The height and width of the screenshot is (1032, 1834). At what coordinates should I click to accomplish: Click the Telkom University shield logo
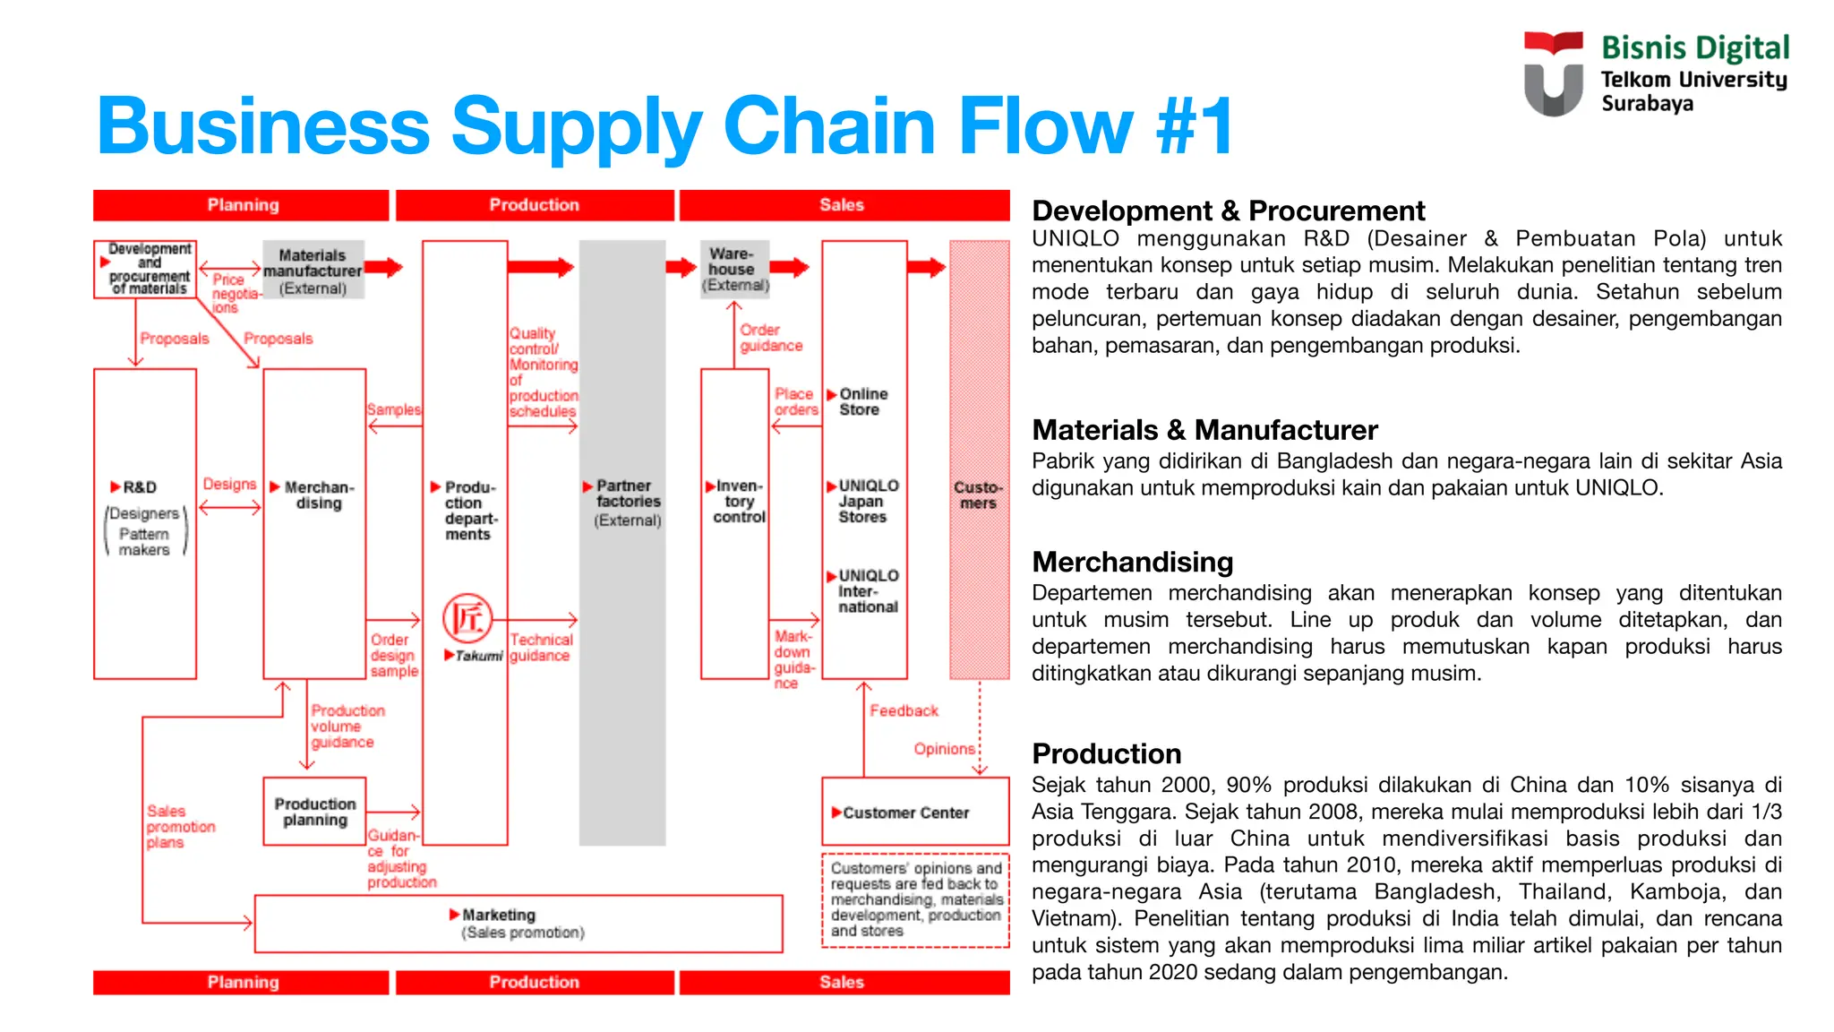tap(1553, 74)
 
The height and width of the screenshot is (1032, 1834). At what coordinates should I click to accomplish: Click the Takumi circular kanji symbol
tap(467, 617)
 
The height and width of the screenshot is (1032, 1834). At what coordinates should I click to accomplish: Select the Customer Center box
tap(914, 812)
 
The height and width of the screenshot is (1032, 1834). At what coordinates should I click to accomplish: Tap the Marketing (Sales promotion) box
tap(518, 923)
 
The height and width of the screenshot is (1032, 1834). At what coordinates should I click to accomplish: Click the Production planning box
tap(314, 812)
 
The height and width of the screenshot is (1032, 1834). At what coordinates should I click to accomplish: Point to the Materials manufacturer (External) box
tap(313, 271)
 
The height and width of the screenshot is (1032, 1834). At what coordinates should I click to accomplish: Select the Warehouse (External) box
tap(734, 269)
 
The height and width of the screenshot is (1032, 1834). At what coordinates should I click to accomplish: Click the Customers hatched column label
tap(978, 494)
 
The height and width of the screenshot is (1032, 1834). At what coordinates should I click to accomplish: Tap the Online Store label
tap(862, 401)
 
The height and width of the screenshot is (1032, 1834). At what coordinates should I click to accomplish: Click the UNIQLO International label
tap(867, 591)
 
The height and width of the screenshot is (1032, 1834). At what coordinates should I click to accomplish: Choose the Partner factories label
tap(628, 502)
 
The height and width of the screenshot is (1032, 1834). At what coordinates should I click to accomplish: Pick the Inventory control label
tap(738, 502)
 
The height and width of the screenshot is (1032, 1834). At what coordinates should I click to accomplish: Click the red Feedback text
tap(904, 710)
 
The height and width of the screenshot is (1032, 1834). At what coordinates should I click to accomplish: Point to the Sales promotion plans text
tap(180, 826)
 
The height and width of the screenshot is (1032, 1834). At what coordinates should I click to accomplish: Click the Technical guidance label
tap(541, 647)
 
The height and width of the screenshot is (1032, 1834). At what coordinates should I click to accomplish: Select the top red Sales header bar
tap(843, 205)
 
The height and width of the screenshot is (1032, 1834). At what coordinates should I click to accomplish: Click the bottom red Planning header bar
tap(242, 982)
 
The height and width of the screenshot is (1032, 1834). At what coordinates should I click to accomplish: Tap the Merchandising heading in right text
tap(1132, 562)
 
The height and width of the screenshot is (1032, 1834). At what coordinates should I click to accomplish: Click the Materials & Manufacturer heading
tap(1204, 430)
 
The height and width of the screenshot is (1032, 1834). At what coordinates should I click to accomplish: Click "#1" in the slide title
tap(1195, 126)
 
